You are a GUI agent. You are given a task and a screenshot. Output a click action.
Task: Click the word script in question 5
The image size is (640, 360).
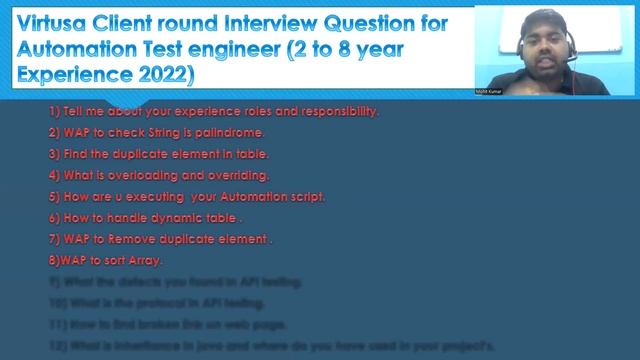tap(304, 197)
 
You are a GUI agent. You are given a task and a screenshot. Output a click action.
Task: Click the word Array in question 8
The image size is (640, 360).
tap(144, 261)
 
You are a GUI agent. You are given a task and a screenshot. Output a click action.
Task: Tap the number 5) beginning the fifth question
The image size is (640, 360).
tap(54, 197)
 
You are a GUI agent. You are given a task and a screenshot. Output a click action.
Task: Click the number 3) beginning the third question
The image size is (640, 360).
tap(54, 154)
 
